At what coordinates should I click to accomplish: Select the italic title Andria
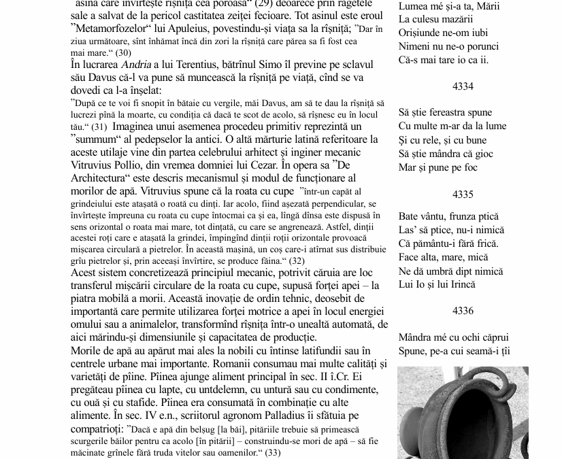[x=135, y=65]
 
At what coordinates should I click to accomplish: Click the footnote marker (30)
[x=122, y=52]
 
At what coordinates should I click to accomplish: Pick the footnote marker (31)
[x=99, y=127]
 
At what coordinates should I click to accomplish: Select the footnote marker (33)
[x=271, y=452]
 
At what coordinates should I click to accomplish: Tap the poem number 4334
[x=463, y=86]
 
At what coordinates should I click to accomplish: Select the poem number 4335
[x=463, y=194]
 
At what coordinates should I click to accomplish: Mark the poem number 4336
[x=463, y=311]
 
